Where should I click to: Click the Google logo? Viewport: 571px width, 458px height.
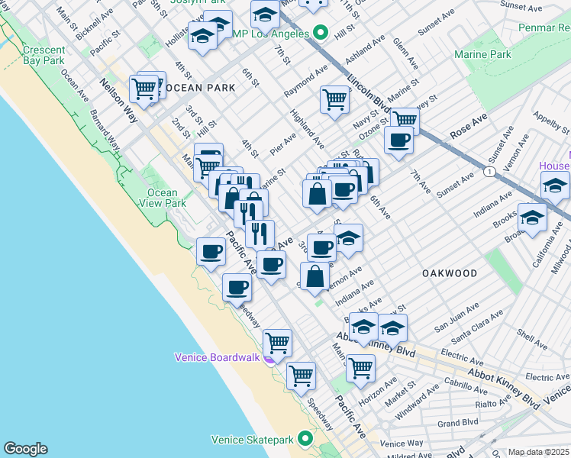click(x=25, y=449)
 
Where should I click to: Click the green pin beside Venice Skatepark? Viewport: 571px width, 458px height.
click(x=305, y=439)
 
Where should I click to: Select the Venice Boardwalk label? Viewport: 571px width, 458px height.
click(x=218, y=356)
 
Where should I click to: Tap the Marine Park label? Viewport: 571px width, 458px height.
click(x=482, y=55)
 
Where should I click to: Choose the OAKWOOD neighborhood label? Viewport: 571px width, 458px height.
click(x=449, y=273)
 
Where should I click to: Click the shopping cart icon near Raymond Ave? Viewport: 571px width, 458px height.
click(x=334, y=98)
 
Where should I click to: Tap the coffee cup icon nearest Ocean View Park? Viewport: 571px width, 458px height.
click(x=211, y=250)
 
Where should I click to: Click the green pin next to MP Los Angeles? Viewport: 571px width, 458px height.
click(x=321, y=34)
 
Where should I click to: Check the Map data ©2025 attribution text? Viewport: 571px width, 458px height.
click(x=539, y=452)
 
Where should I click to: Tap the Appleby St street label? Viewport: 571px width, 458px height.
click(x=547, y=121)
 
